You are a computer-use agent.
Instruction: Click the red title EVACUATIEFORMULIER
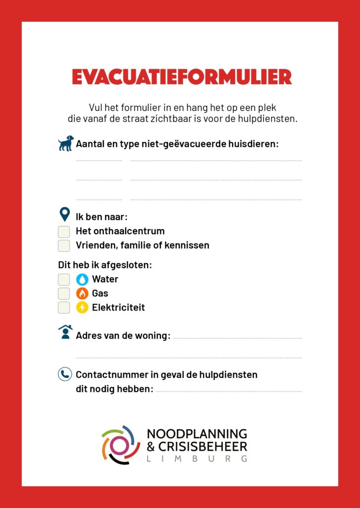coord(182,77)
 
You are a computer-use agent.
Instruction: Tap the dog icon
coord(66,143)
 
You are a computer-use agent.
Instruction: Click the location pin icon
coord(65,215)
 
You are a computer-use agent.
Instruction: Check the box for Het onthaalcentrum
coord(64,232)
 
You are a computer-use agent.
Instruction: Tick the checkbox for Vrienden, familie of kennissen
coord(64,246)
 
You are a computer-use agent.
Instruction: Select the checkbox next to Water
coord(64,279)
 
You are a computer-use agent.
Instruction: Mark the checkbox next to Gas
coord(64,293)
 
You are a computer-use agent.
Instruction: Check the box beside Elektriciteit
coord(64,308)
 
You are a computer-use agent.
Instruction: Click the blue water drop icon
coord(82,279)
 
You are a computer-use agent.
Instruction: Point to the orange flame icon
coord(82,293)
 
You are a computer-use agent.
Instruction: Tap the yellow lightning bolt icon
coord(82,308)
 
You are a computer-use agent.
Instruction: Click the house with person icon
coord(65,332)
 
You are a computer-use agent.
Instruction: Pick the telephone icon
coord(65,374)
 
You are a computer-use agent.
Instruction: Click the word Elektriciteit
coord(118,308)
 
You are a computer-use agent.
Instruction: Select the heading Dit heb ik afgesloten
coord(105,265)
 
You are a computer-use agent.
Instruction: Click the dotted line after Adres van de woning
coord(237,338)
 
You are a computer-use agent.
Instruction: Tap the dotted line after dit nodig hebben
coord(228,391)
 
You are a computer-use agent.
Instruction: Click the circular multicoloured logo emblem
coord(118,444)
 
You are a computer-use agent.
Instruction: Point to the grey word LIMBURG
coord(197,459)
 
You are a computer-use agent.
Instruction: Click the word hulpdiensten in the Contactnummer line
coord(229,375)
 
